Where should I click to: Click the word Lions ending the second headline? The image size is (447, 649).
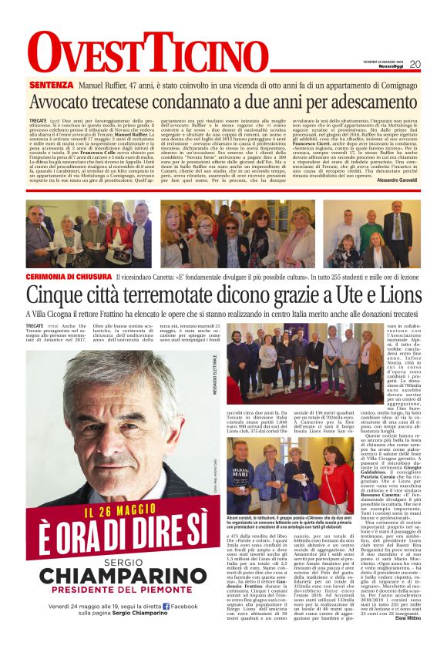pyautogui.click(x=396, y=295)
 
